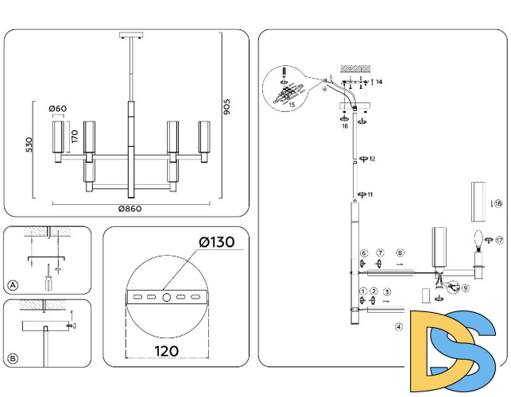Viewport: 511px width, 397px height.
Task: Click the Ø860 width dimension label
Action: [130, 209]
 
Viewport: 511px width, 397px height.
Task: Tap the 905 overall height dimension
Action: [226, 107]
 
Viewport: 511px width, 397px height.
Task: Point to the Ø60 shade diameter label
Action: [56, 109]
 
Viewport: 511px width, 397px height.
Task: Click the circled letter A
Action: [12, 284]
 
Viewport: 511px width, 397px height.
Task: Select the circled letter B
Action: [12, 359]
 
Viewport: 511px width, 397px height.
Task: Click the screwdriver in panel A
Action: [49, 279]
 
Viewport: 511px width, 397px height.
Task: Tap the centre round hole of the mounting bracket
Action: [165, 297]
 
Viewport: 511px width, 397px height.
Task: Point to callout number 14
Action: [379, 82]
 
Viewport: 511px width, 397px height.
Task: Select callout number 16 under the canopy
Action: [345, 125]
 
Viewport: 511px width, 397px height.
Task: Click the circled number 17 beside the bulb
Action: [500, 239]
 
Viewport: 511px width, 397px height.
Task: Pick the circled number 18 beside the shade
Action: [497, 203]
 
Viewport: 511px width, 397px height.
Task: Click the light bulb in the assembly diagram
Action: [480, 239]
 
